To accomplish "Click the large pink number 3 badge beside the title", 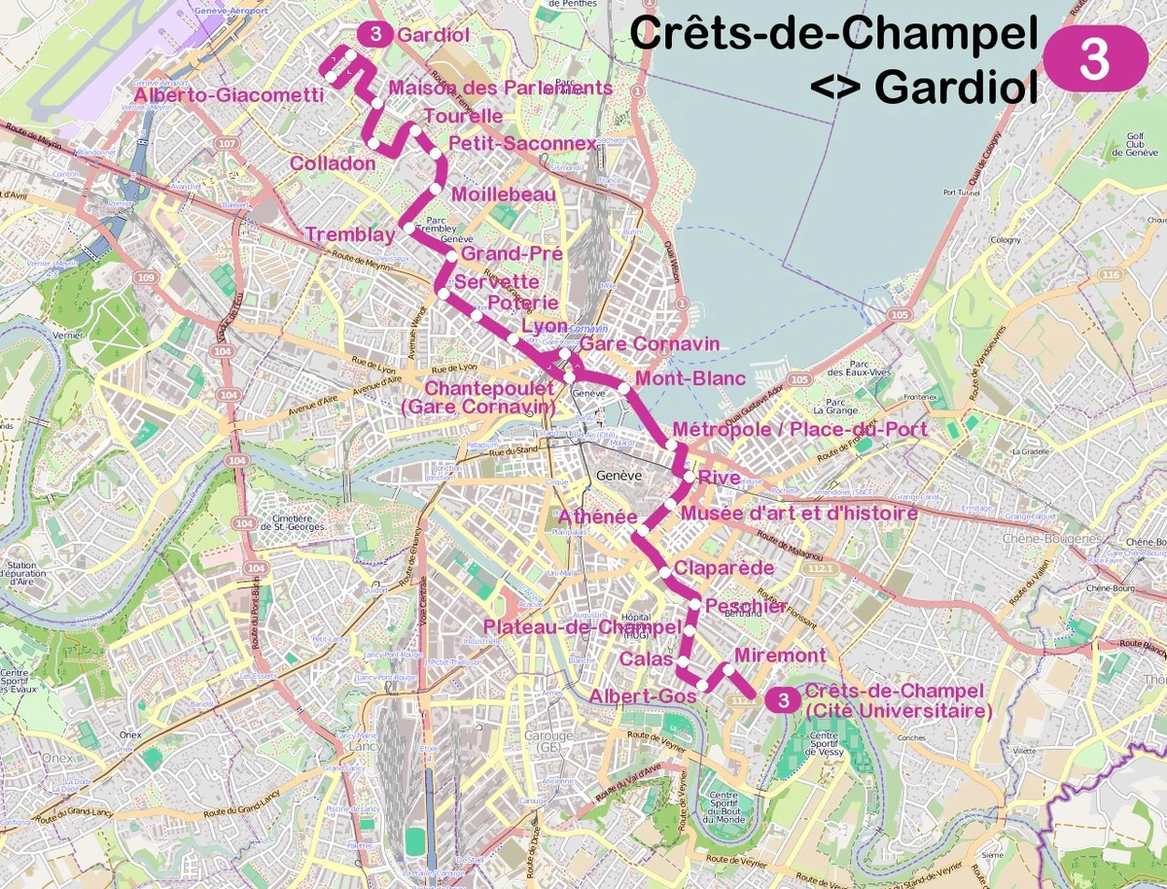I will [1095, 58].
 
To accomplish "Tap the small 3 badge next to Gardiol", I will [375, 34].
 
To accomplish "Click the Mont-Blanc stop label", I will [690, 379].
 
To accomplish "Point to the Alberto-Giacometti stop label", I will [230, 95].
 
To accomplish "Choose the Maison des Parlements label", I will [500, 89].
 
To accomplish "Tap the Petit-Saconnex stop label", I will [522, 144].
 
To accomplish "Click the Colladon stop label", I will [333, 163].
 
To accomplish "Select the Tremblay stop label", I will [350, 234].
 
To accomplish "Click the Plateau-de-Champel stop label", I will [583, 627].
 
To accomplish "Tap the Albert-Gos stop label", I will [643, 696].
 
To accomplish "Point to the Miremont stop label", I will [780, 656].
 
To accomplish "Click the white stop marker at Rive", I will [689, 478].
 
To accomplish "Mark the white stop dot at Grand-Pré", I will [452, 257].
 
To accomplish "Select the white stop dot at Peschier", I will [695, 606].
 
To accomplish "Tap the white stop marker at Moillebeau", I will [436, 189].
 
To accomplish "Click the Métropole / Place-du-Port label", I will [799, 429].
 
